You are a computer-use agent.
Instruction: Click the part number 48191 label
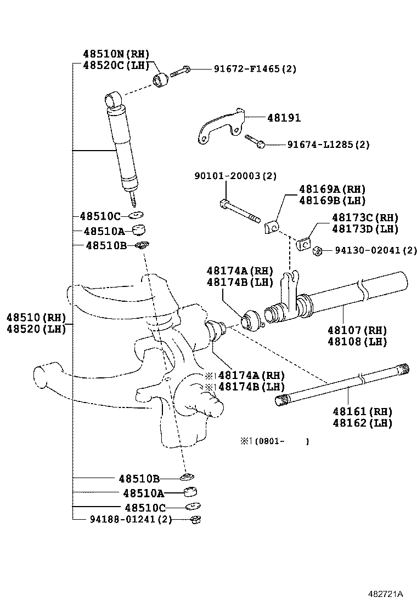pyautogui.click(x=284, y=118)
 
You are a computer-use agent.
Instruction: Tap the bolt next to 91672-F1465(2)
pyautogui.click(x=181, y=71)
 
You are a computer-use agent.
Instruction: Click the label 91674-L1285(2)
pyautogui.click(x=328, y=145)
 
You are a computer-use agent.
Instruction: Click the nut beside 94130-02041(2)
pyautogui.click(x=317, y=251)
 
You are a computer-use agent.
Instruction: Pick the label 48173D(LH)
pyautogui.click(x=365, y=228)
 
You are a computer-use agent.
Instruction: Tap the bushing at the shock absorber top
pyautogui.click(x=161, y=79)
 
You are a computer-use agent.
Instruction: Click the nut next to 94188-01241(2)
pyautogui.click(x=194, y=519)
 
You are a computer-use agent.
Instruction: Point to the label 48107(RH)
pyautogui.click(x=357, y=330)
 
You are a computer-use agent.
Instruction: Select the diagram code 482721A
pyautogui.click(x=386, y=594)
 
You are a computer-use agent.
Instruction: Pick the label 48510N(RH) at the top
pyautogui.click(x=116, y=54)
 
